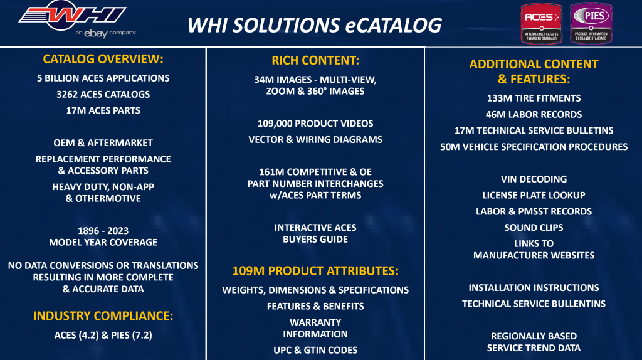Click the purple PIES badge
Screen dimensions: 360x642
pos(591,23)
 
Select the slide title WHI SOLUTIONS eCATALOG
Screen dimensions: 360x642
pos(315,25)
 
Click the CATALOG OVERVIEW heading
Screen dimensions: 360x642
pos(103,60)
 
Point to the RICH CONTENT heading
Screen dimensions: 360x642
pos(315,61)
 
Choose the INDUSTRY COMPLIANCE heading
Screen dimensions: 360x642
pos(103,315)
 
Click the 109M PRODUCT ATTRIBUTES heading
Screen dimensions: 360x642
pos(315,272)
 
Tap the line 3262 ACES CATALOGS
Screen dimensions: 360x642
pos(103,95)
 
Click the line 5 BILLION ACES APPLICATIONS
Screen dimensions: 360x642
pos(103,78)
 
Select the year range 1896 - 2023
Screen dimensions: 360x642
pos(103,230)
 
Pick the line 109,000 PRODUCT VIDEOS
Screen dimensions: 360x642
pos(315,124)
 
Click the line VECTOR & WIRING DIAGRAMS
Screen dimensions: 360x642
pos(315,139)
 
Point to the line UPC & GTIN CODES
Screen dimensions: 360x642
pos(315,350)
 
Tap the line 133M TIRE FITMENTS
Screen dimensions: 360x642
pos(534,98)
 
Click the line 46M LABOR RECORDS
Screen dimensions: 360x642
pos(534,114)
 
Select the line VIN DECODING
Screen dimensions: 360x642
pos(534,179)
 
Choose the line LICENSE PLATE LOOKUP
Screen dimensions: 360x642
pos(534,195)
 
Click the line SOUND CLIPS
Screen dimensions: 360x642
pos(534,227)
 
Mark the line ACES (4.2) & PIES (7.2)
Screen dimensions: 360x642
pos(103,335)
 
